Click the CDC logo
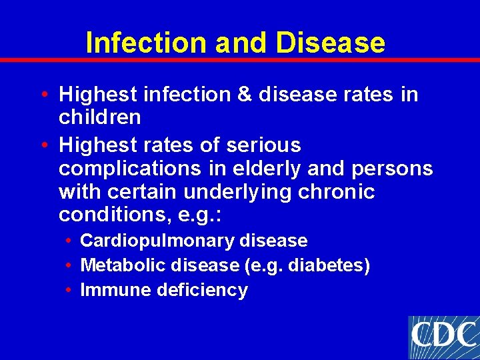click(x=443, y=337)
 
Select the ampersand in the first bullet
click(x=243, y=95)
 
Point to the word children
click(x=100, y=117)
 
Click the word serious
click(x=264, y=145)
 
